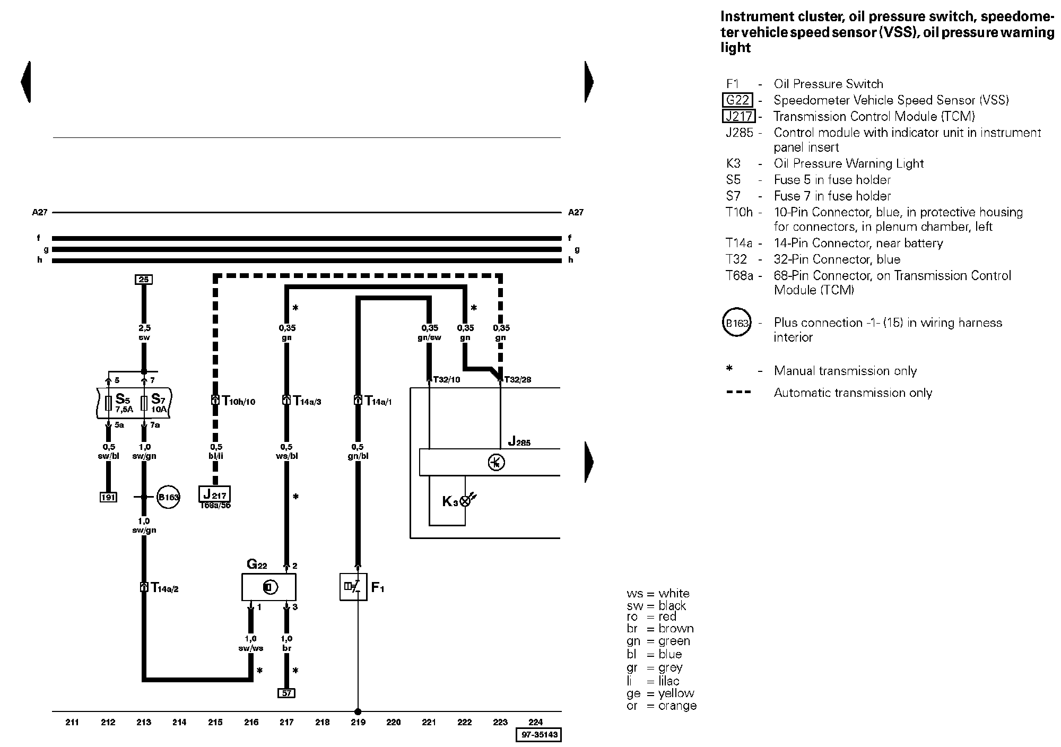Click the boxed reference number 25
pyautogui.click(x=143, y=280)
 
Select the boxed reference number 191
pyautogui.click(x=108, y=497)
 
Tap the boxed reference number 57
pyautogui.click(x=286, y=693)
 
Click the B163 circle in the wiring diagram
pyautogui.click(x=169, y=497)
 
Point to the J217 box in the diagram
pyautogui.click(x=215, y=494)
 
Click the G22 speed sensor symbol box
pyautogui.click(x=269, y=587)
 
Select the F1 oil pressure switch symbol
pyautogui.click(x=353, y=587)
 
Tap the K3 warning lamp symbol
pyautogui.click(x=465, y=501)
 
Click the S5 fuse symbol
pyautogui.click(x=108, y=403)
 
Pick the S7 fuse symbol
pyautogui.click(x=144, y=403)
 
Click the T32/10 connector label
pyautogui.click(x=447, y=380)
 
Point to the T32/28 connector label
pyautogui.click(x=517, y=380)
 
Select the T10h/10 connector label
pyautogui.click(x=238, y=401)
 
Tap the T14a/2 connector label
pyautogui.click(x=164, y=587)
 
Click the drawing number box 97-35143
pyautogui.click(x=538, y=735)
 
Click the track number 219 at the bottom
pyautogui.click(x=358, y=722)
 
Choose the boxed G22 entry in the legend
pyautogui.click(x=737, y=100)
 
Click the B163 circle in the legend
pyautogui.click(x=737, y=323)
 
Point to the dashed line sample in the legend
pyautogui.click(x=738, y=393)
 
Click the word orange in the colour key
pyautogui.click(x=677, y=706)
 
